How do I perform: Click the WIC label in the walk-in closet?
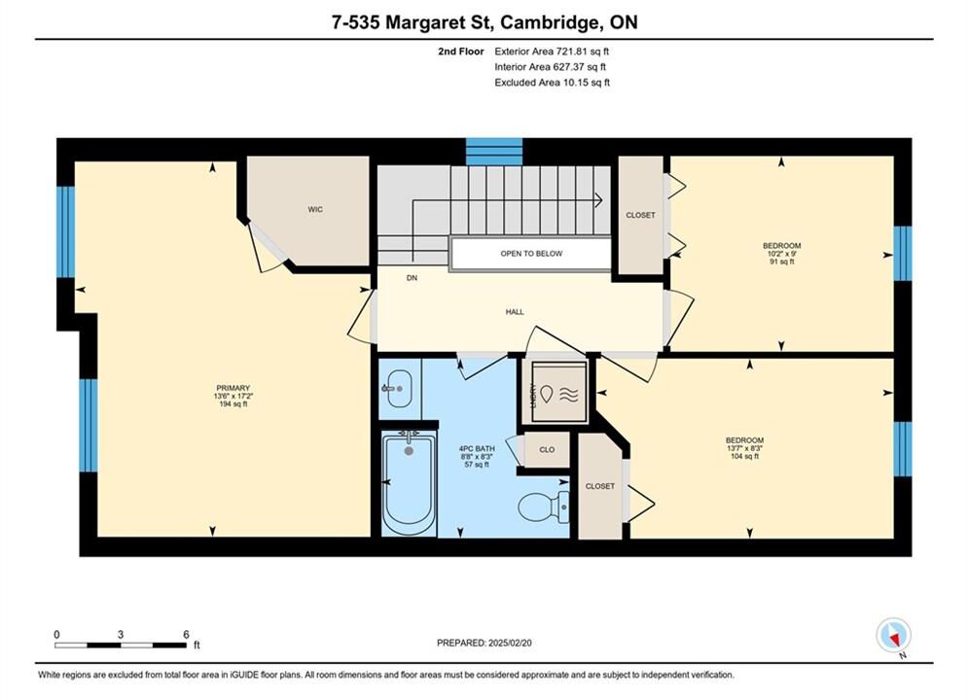[315, 210]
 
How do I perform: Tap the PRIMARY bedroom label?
[233, 388]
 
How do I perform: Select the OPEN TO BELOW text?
[531, 254]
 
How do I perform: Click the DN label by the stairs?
[412, 278]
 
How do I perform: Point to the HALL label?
[515, 312]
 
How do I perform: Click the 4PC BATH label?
[477, 448]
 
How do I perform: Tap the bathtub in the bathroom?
[408, 483]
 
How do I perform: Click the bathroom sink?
[399, 389]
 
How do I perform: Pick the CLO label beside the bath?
[547, 449]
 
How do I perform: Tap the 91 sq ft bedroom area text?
[781, 262]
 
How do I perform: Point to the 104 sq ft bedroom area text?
[744, 456]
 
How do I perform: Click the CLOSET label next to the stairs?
[640, 215]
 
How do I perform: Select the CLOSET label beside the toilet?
[600, 486]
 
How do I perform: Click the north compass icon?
[893, 635]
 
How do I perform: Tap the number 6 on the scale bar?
[186, 634]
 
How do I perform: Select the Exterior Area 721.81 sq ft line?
[552, 52]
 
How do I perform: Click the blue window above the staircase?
[494, 152]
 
